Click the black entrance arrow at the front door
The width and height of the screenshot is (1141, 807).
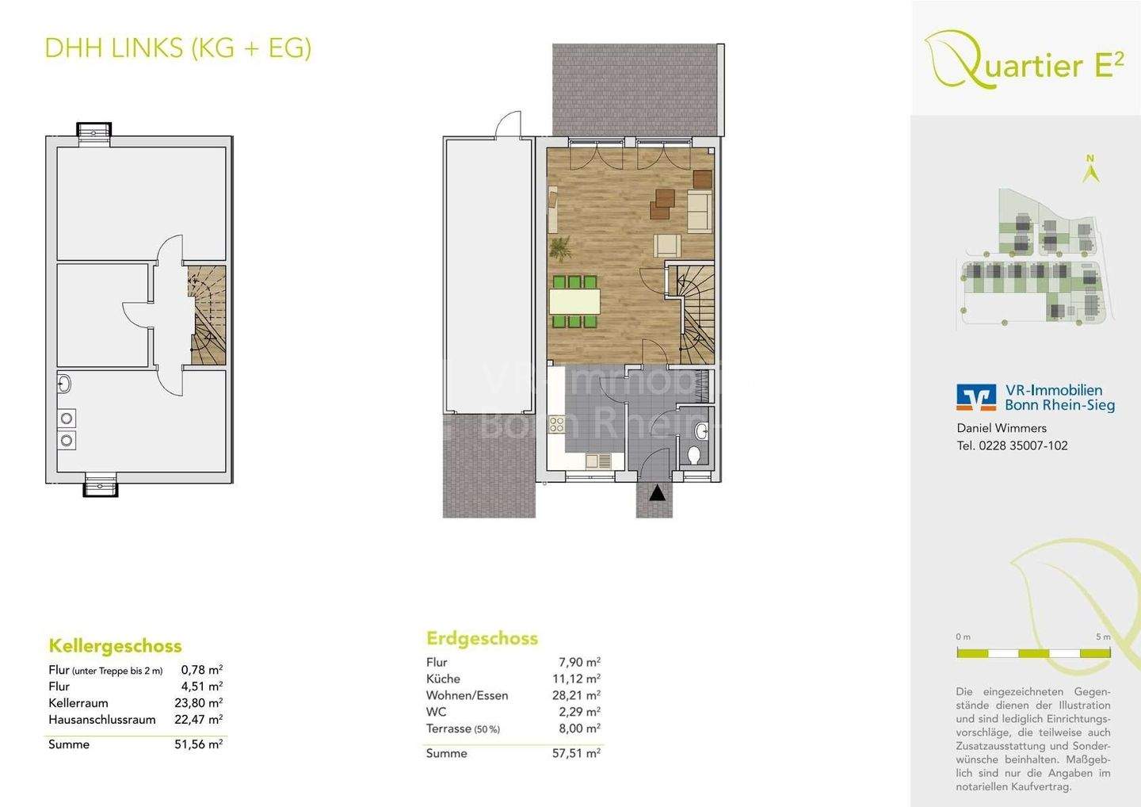coord(657,492)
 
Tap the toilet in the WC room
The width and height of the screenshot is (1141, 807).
coord(695,455)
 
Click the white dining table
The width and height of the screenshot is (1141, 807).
coord(574,301)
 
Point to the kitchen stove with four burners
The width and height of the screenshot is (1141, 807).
coord(556,425)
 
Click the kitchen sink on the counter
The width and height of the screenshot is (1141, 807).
coord(597,460)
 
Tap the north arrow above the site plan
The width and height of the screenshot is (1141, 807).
coord(1091,170)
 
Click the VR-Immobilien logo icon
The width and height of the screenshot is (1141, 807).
coord(976,397)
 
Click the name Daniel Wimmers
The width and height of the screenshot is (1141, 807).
coord(1002,428)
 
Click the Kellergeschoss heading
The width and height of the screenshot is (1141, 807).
coord(115,645)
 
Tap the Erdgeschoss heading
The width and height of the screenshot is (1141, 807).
coord(482,638)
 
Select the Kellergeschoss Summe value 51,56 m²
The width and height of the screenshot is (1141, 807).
coord(198,744)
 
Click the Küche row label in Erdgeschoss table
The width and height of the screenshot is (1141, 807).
coord(443,679)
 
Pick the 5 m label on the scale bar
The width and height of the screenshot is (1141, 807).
coord(1103,637)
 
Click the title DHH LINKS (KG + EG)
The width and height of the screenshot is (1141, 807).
coord(178,48)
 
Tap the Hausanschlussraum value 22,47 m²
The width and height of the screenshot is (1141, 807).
coord(198,720)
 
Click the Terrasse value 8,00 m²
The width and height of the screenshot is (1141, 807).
coord(579,729)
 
